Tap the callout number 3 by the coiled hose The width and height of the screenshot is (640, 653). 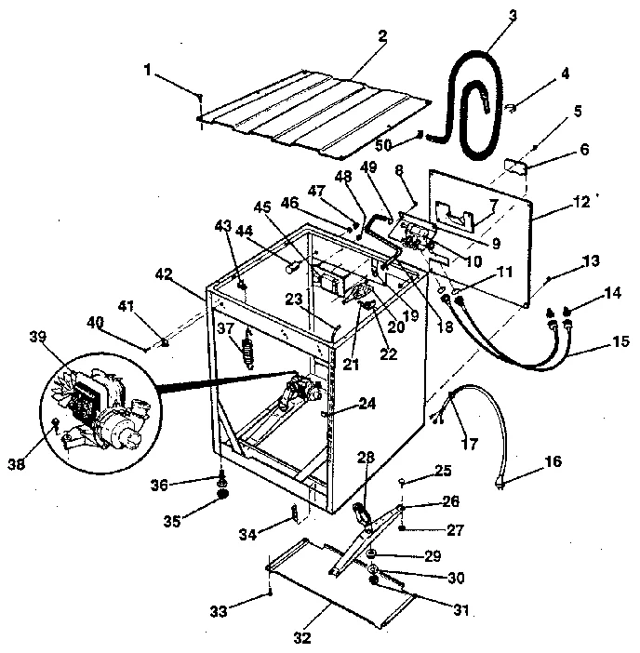(x=512, y=16)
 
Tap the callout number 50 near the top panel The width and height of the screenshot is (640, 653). (x=383, y=144)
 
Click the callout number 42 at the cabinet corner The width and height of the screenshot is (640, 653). (x=164, y=273)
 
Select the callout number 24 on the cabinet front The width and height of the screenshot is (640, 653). (x=368, y=406)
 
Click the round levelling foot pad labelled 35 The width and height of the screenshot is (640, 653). (x=224, y=498)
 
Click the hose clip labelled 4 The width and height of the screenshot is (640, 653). (x=511, y=110)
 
